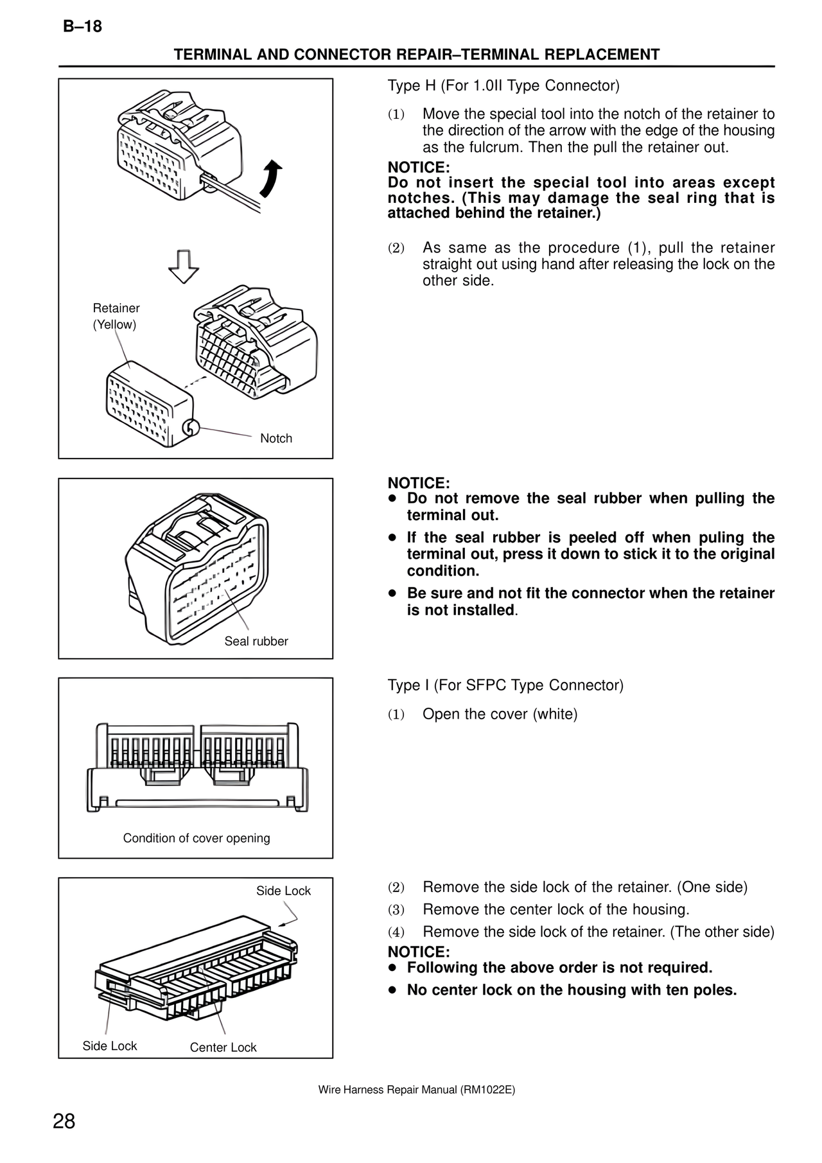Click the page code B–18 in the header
click(x=83, y=27)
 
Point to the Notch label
click(x=276, y=439)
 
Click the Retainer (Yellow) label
click(x=116, y=316)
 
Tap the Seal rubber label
click(x=256, y=641)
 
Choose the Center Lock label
click(x=223, y=1047)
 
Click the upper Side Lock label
click(x=283, y=891)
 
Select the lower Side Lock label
click(x=110, y=1046)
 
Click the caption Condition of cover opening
click(x=197, y=838)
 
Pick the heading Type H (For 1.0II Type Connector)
click(x=503, y=85)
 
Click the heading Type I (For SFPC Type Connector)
click(x=505, y=685)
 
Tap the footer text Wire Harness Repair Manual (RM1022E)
click(x=417, y=1090)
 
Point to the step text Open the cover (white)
click(x=500, y=714)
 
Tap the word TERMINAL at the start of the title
click(x=213, y=55)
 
